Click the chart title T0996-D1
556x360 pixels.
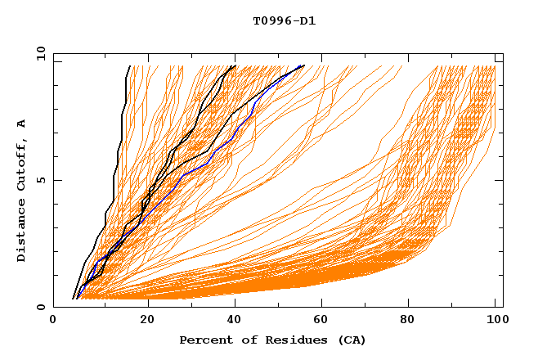(x=284, y=20)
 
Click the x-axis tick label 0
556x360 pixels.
(x=53, y=322)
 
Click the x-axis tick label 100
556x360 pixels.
(x=495, y=322)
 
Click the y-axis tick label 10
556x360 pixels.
(x=40, y=53)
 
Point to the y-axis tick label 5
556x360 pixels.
(x=43, y=180)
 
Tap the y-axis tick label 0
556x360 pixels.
(x=43, y=307)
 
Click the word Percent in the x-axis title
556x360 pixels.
(x=204, y=340)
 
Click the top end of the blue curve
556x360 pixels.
(x=304, y=65)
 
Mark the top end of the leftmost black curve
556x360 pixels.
(x=128, y=65)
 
